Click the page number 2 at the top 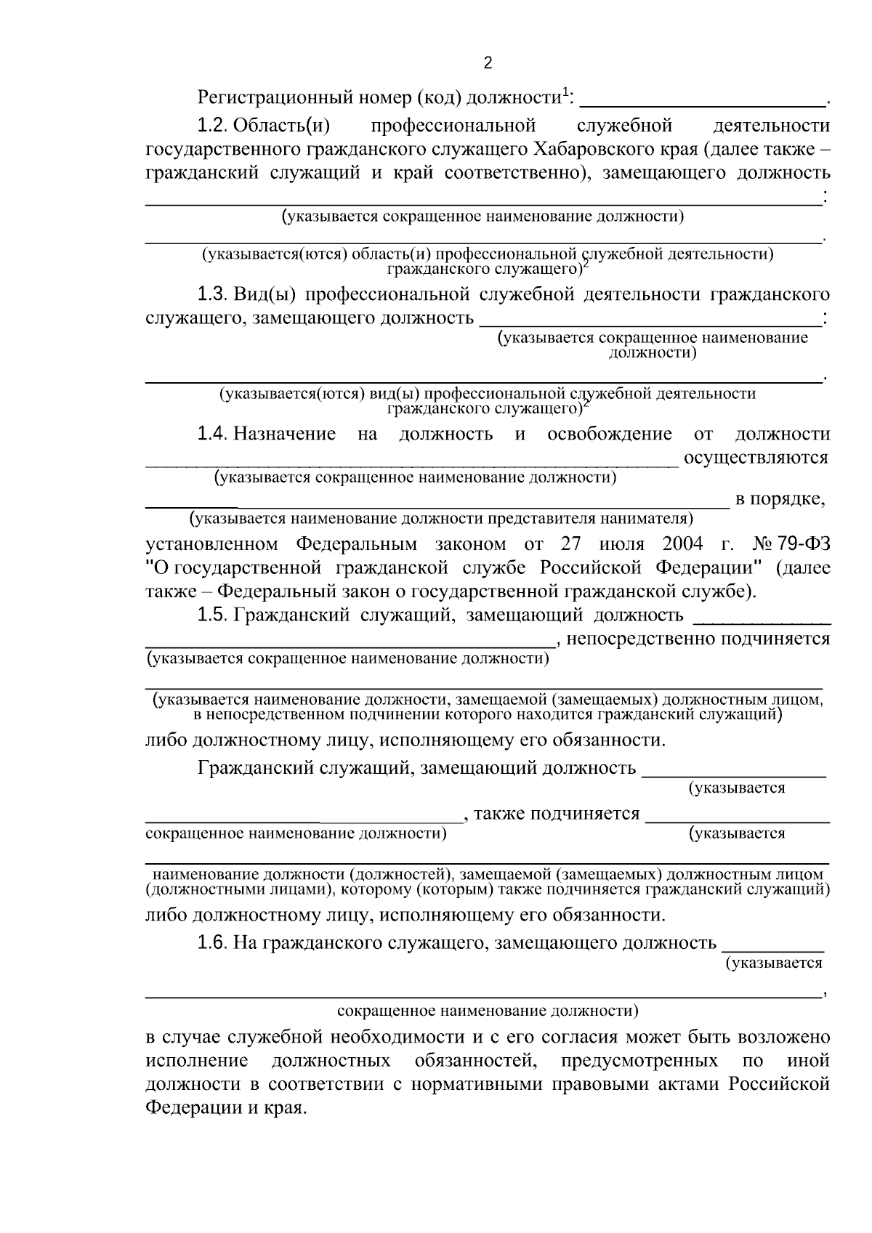pyautogui.click(x=487, y=63)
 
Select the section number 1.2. pyautogui.click(x=213, y=126)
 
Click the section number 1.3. pyautogui.click(x=213, y=294)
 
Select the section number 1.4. pyautogui.click(x=213, y=434)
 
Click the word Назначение pyautogui.click(x=285, y=434)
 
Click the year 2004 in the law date pyautogui.click(x=683, y=543)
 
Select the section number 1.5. pyautogui.click(x=213, y=615)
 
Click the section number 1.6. pyautogui.click(x=213, y=943)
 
